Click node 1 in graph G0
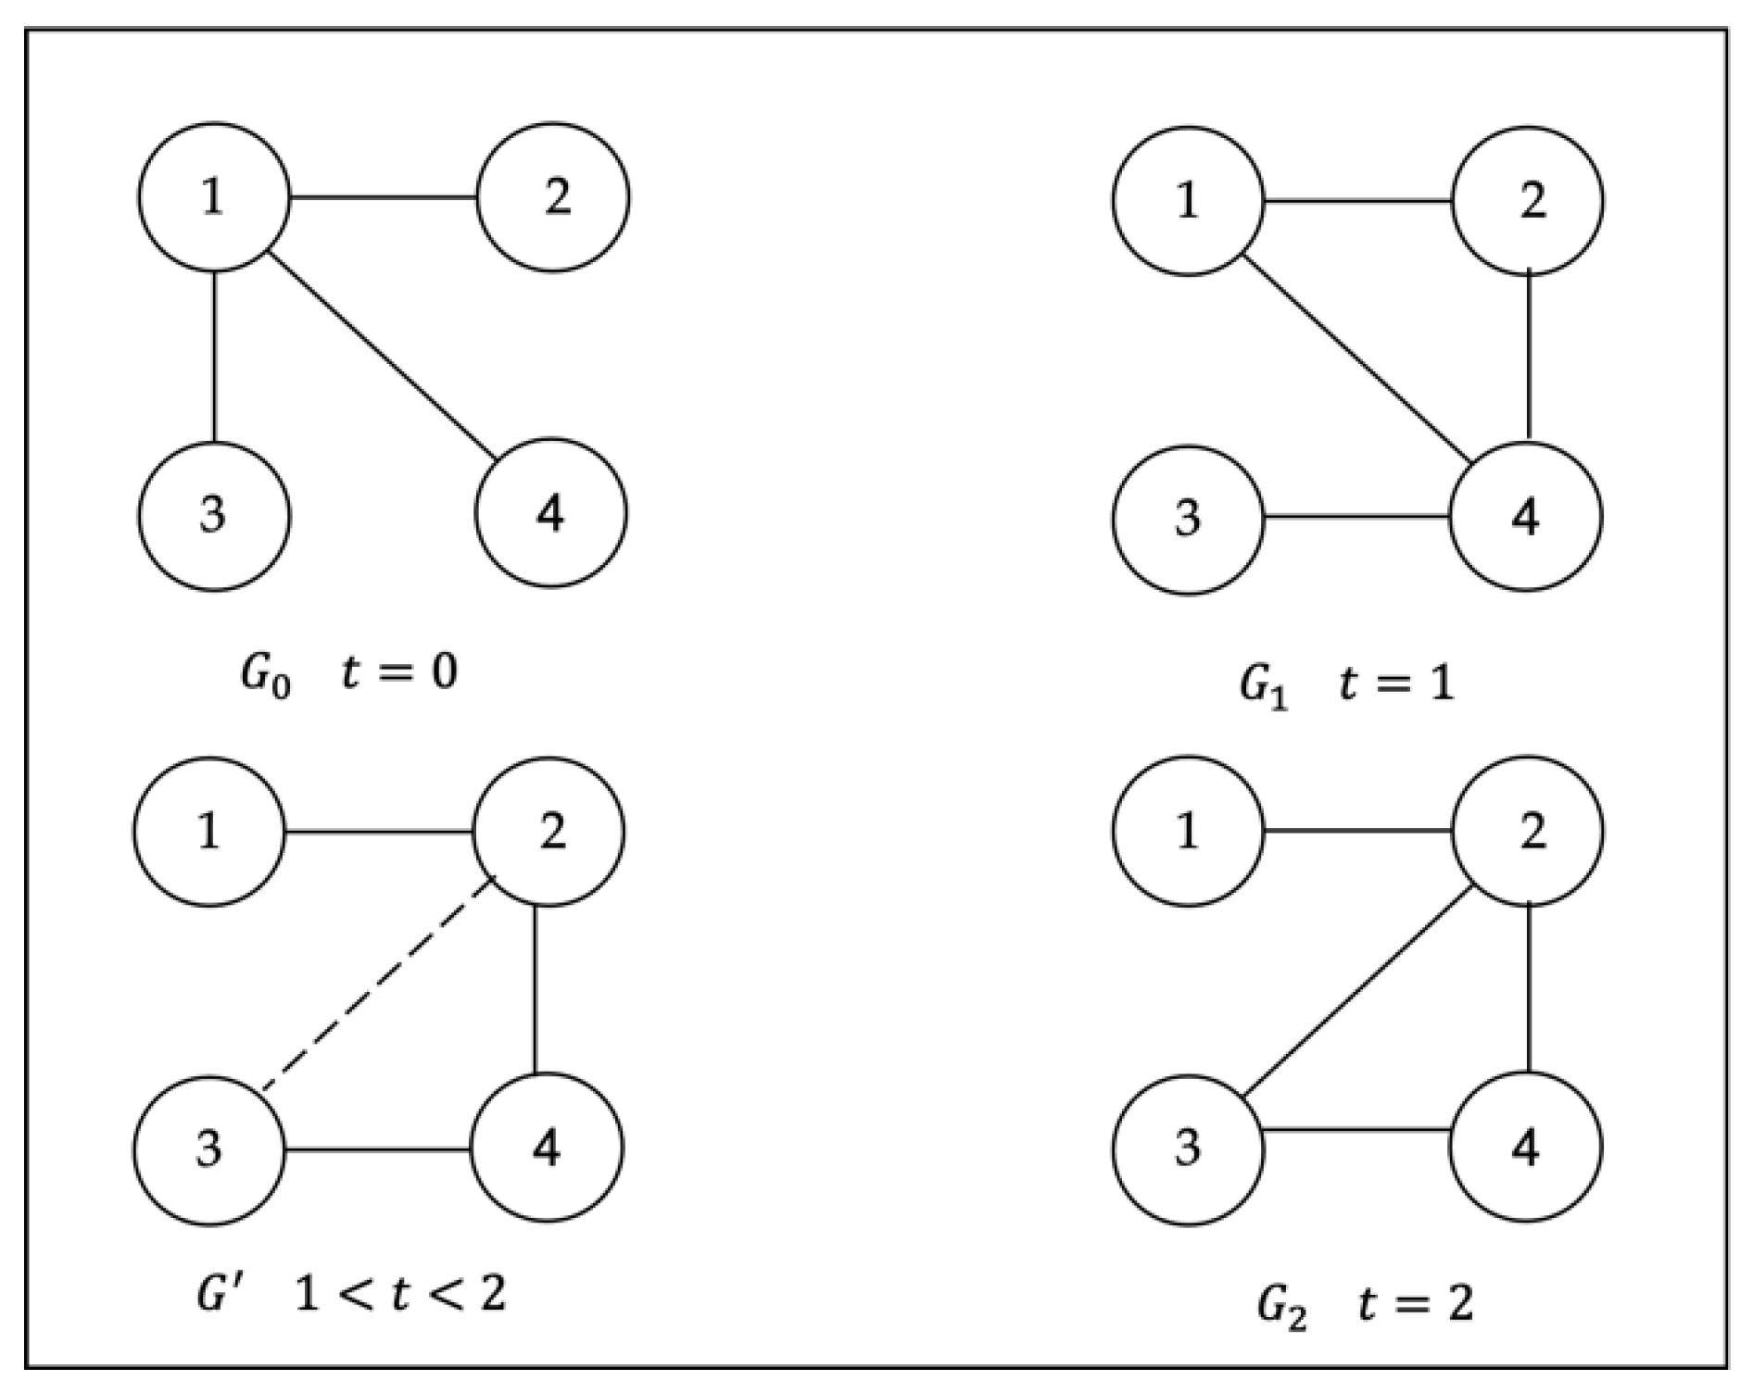click(214, 197)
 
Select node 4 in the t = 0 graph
click(551, 513)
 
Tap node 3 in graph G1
click(1188, 519)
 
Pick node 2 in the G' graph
click(549, 831)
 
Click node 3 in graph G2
click(1188, 1148)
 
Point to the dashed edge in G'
click(378, 983)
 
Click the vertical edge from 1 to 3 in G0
click(215, 357)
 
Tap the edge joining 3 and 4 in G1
click(1356, 517)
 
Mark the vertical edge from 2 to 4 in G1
click(1528, 357)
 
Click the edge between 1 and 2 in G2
click(1356, 831)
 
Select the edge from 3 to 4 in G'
click(378, 1150)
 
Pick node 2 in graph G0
click(553, 197)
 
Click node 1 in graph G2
click(1188, 831)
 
